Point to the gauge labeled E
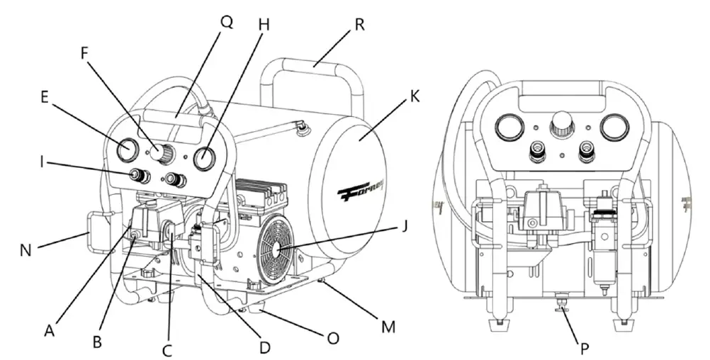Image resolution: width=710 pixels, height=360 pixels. (128, 150)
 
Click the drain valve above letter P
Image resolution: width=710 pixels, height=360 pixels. (559, 305)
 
